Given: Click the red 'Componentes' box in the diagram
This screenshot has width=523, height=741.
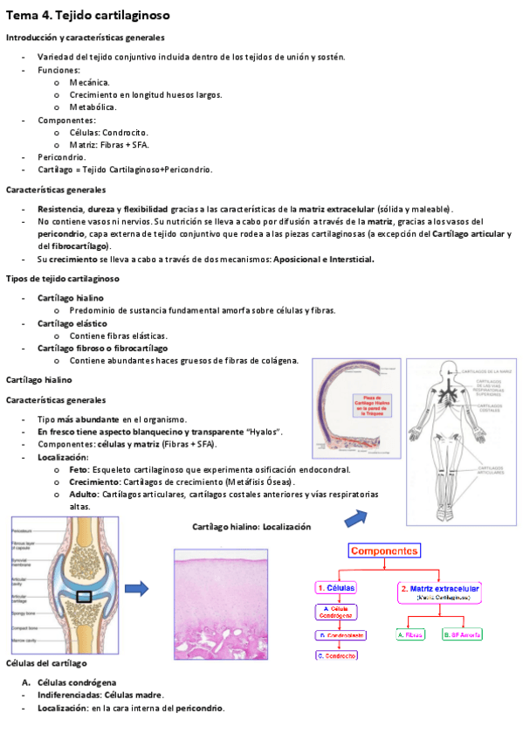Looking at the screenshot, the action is (384, 551).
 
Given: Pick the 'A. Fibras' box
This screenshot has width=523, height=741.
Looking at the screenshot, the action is (409, 634).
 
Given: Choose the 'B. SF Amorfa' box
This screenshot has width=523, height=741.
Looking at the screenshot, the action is (463, 634).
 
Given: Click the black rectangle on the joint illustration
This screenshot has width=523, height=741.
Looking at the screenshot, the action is (87, 598).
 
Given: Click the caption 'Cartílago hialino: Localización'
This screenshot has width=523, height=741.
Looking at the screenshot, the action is (251, 527).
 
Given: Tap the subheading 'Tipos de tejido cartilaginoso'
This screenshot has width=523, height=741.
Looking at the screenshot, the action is (63, 279).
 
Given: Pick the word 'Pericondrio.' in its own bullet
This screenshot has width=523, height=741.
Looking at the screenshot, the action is (61, 156).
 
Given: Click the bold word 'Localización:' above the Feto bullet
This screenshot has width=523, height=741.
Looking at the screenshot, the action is (63, 457).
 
